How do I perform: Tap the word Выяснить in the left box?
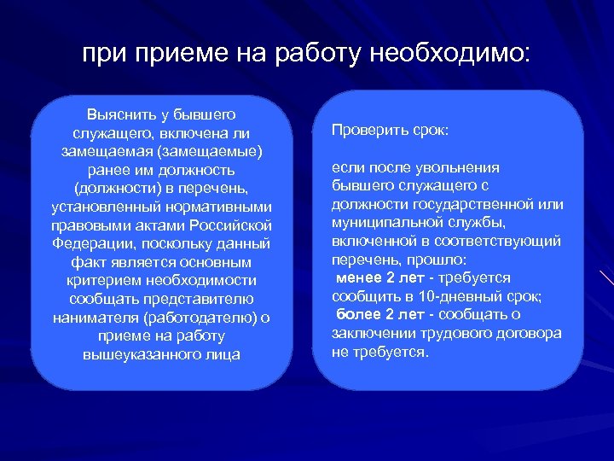click(119, 114)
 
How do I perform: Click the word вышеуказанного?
click(137, 354)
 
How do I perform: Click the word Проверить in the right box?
click(364, 131)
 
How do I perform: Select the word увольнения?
click(460, 167)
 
